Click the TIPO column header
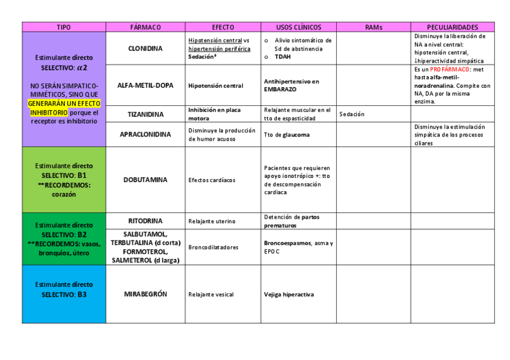click(64, 27)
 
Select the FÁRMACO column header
click(145, 27)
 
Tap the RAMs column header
click(373, 27)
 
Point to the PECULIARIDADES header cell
click(452, 27)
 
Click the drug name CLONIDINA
click(145, 49)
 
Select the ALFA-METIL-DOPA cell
click(145, 85)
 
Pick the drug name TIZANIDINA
click(145, 114)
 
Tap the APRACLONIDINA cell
click(145, 135)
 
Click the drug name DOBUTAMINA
click(145, 180)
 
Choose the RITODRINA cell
click(145, 221)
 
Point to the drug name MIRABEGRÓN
click(145, 294)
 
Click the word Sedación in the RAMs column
click(352, 114)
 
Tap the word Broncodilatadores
click(213, 247)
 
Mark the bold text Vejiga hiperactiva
click(289, 294)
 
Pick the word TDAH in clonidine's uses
click(284, 56)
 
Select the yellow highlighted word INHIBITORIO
click(49, 112)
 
